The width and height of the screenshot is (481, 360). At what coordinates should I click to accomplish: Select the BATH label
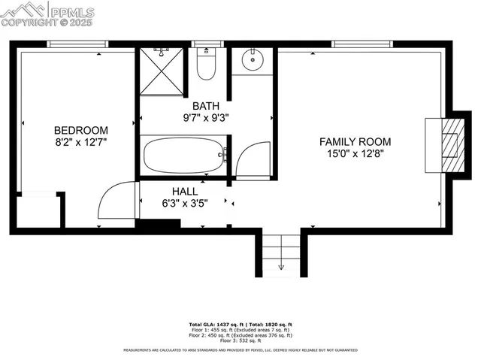(x=205, y=106)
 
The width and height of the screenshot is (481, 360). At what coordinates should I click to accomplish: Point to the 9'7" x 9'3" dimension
(x=205, y=118)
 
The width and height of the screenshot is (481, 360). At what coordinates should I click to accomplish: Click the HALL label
(x=184, y=191)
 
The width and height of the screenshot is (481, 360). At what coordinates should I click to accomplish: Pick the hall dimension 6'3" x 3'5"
(x=184, y=203)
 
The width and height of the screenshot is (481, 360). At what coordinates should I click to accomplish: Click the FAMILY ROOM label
(x=355, y=141)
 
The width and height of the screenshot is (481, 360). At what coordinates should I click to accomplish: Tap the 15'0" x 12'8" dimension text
(x=355, y=153)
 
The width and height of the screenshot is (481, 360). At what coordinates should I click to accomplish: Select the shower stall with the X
(x=161, y=71)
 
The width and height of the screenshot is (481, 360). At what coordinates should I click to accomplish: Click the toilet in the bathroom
(x=206, y=64)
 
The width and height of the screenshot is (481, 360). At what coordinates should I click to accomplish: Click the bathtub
(x=183, y=155)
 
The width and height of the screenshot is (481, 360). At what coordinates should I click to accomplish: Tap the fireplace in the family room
(x=448, y=143)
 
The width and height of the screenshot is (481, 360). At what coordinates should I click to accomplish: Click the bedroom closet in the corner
(x=38, y=210)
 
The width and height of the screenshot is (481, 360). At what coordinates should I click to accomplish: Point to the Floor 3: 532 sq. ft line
(x=240, y=340)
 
